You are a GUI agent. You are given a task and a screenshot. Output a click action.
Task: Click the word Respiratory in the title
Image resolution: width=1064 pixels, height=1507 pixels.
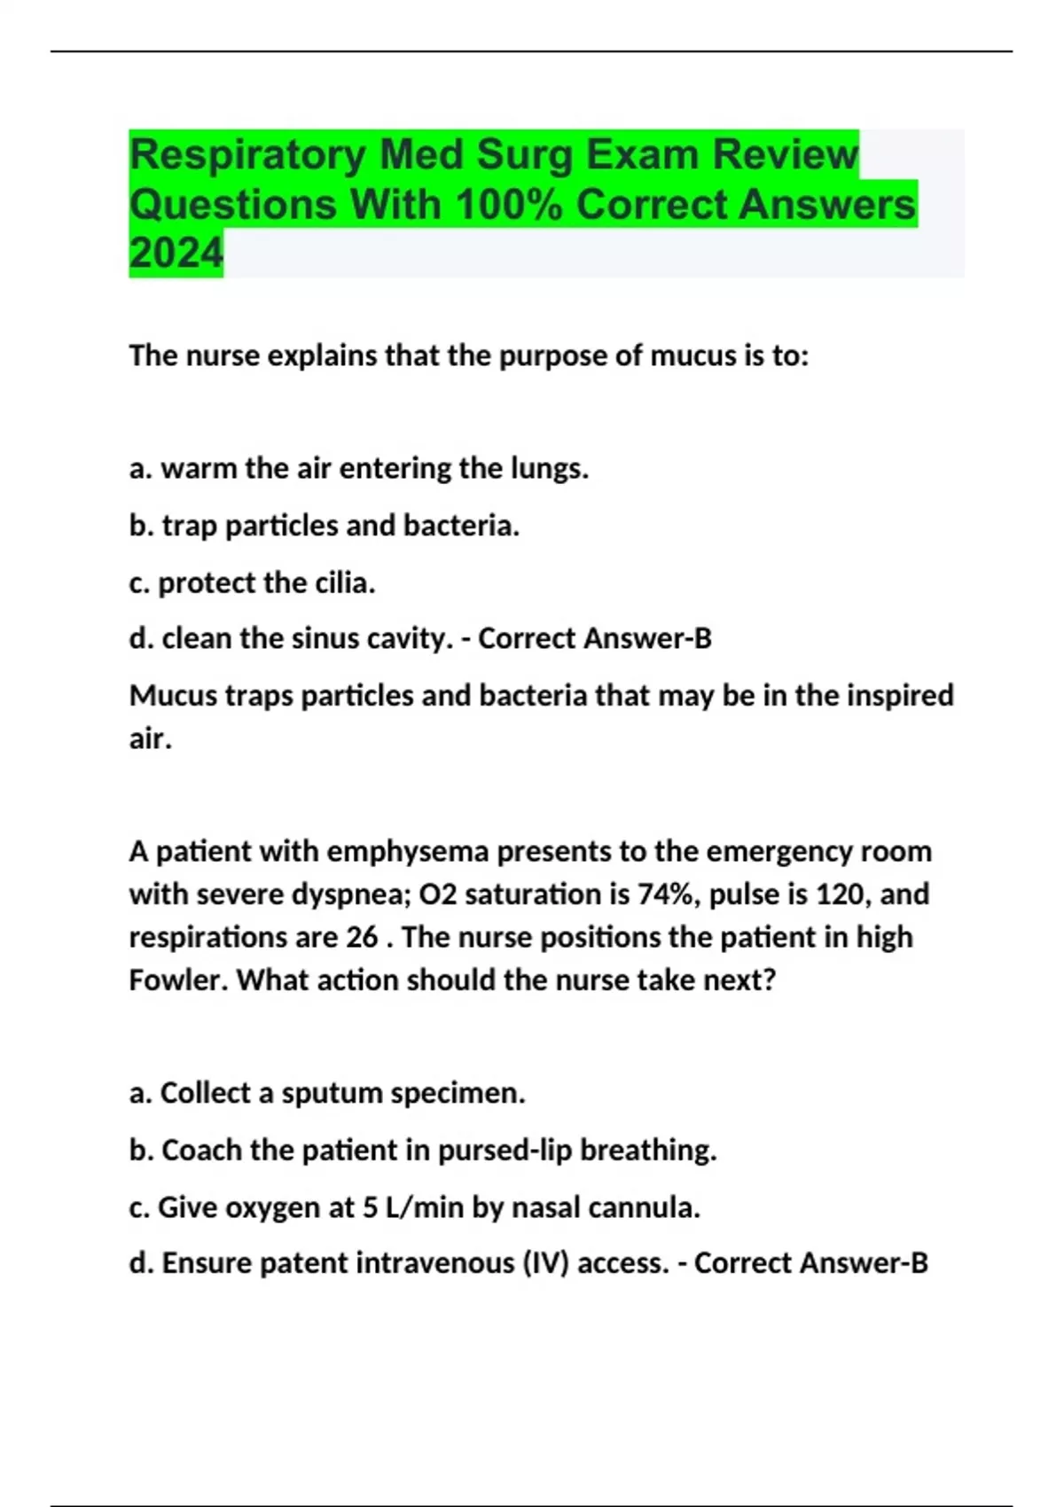click(247, 156)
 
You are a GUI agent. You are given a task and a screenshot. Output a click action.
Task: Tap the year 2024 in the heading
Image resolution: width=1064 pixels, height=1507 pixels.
click(176, 254)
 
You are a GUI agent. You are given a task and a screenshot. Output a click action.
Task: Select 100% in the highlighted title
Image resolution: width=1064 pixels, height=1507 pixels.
click(508, 205)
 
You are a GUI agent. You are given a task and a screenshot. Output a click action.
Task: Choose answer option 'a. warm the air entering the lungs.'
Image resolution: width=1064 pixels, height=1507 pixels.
click(359, 468)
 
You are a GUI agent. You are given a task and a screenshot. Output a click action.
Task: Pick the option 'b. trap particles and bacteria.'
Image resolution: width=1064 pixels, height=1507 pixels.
click(325, 526)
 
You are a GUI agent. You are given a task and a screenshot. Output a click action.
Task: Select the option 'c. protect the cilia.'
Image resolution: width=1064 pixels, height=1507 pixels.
click(253, 582)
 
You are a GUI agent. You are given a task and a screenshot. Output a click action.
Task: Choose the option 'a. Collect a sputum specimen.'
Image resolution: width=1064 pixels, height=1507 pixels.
click(327, 1093)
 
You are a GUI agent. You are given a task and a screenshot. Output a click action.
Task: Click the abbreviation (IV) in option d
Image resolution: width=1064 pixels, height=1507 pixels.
click(550, 1263)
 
